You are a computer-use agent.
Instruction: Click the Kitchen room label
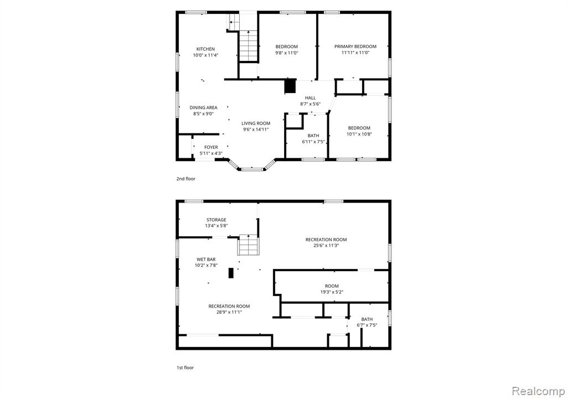pyautogui.click(x=205, y=49)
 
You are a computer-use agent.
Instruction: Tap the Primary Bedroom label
pyautogui.click(x=355, y=46)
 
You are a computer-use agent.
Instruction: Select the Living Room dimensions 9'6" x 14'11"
pyautogui.click(x=256, y=129)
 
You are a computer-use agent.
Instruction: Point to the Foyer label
pyautogui.click(x=211, y=147)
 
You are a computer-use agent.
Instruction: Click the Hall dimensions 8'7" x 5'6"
pyautogui.click(x=310, y=104)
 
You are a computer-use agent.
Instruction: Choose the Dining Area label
pyautogui.click(x=204, y=108)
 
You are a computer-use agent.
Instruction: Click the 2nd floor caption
pyautogui.click(x=186, y=179)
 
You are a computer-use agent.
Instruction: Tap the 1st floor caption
pyautogui.click(x=185, y=367)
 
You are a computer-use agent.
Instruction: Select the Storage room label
pyautogui.click(x=217, y=220)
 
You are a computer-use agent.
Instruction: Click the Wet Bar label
pyautogui.click(x=206, y=260)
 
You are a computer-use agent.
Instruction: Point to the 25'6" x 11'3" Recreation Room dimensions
pyautogui.click(x=326, y=245)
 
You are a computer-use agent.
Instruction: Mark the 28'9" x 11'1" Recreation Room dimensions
pyautogui.click(x=229, y=312)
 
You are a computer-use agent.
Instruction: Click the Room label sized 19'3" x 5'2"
pyautogui.click(x=332, y=286)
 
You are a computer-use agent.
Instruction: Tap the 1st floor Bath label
pyautogui.click(x=367, y=319)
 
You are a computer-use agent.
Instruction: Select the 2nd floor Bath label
pyautogui.click(x=313, y=136)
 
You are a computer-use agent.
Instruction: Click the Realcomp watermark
pyautogui.click(x=538, y=391)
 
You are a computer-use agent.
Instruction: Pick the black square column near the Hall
pyautogui.click(x=290, y=86)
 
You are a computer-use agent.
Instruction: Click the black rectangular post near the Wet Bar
pyautogui.click(x=231, y=272)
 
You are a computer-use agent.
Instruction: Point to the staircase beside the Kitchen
pyautogui.click(x=249, y=46)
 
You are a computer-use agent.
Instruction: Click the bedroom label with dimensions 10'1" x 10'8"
pyautogui.click(x=359, y=128)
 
